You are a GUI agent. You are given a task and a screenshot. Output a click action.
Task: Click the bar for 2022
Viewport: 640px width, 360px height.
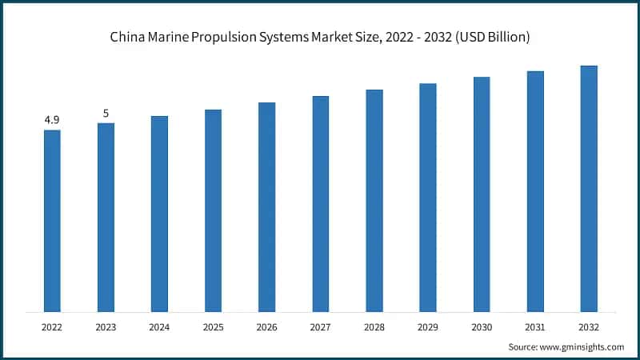point(52,220)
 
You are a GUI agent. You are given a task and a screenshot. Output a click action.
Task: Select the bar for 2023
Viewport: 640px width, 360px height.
point(106,217)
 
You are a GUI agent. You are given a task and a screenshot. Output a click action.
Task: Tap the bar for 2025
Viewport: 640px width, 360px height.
point(213,210)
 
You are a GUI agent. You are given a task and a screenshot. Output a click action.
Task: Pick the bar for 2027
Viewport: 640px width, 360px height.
point(320,203)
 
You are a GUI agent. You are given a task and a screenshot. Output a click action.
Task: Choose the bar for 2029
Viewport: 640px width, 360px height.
point(428,197)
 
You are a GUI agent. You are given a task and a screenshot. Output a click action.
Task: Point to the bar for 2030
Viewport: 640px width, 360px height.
point(482,194)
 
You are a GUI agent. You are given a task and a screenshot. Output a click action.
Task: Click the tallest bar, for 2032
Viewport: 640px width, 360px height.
point(589,188)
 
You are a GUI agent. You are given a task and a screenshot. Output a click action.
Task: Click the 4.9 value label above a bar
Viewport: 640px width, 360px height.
point(52,120)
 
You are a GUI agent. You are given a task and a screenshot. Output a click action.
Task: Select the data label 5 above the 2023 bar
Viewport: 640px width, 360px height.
point(106,114)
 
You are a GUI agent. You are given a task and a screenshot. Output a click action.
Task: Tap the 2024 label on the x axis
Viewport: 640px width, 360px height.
point(159,327)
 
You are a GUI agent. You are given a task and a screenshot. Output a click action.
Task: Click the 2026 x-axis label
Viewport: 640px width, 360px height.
point(266,327)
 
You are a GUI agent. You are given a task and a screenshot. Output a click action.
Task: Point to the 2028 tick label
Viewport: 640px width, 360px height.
point(374,327)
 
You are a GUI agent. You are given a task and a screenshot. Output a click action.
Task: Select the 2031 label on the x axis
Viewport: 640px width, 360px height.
point(535,327)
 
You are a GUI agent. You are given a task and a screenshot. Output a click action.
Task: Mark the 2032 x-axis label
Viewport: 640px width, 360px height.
point(589,327)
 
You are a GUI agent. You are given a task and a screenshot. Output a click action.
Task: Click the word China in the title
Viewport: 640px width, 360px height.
point(126,37)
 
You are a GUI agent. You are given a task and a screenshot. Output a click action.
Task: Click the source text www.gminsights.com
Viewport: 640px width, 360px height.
point(583,346)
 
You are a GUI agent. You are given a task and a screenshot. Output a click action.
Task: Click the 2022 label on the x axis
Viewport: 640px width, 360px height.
point(52,327)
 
